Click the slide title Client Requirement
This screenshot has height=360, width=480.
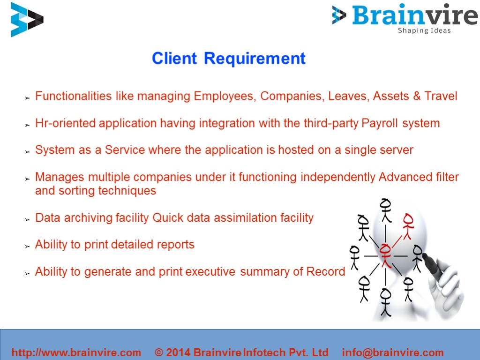click(x=228, y=59)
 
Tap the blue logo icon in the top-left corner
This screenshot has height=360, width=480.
click(x=27, y=19)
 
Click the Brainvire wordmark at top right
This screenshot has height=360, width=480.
click(x=414, y=15)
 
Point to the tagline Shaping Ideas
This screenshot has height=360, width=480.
click(x=424, y=30)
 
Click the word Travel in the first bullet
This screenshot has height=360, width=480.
click(x=441, y=96)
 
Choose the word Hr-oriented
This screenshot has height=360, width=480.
click(x=65, y=123)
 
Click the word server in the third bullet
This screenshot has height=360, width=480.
click(x=396, y=150)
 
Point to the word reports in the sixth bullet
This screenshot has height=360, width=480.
click(x=176, y=245)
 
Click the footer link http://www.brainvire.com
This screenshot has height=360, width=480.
click(x=76, y=352)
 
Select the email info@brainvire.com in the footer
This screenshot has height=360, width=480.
click(x=393, y=352)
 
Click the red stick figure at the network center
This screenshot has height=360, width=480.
click(x=385, y=255)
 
